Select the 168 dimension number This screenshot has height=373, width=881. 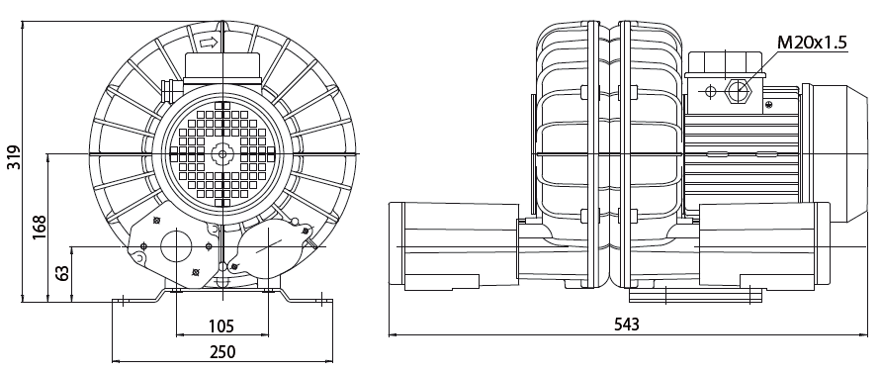click(40, 228)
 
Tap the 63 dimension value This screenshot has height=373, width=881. click(63, 273)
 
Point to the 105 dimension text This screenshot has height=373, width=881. click(221, 326)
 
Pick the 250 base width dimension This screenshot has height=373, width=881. click(222, 352)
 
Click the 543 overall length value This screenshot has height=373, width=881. click(627, 325)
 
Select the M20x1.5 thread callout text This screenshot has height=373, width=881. click(812, 43)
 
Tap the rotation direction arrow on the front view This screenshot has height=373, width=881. click(209, 43)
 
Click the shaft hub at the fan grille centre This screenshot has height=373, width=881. click(222, 153)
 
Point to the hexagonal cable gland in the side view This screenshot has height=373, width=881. click(738, 90)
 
